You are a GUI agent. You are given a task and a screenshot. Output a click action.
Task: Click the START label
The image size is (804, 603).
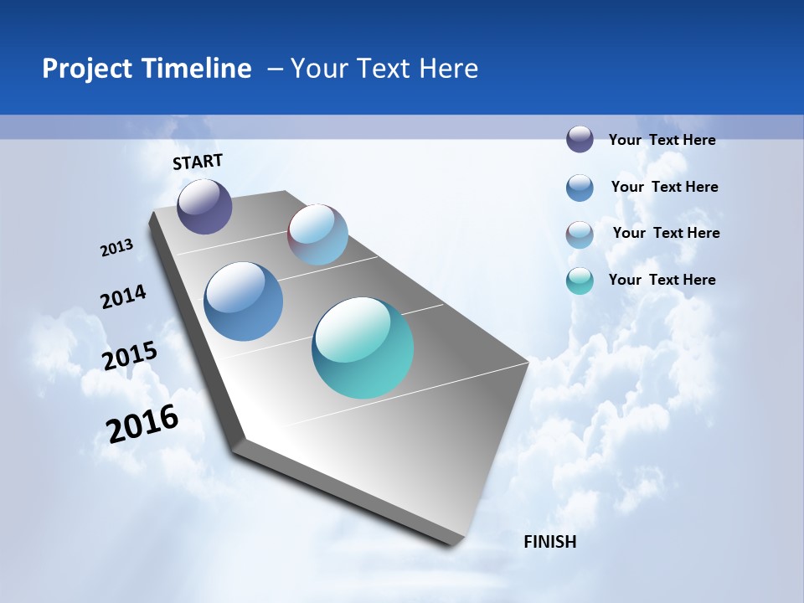(198, 162)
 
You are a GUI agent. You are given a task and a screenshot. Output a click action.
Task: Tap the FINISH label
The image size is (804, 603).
(549, 542)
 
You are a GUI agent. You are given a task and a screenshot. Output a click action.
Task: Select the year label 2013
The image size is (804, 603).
(116, 248)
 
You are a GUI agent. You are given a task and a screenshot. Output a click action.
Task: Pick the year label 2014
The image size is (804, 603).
(123, 297)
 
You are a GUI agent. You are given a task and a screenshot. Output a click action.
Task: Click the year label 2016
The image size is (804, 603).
(142, 424)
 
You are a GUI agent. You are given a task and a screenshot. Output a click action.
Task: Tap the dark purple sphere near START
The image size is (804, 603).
(204, 207)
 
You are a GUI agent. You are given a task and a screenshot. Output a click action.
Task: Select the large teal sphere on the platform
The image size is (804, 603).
(363, 348)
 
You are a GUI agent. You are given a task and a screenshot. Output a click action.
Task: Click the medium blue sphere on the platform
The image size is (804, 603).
(244, 301)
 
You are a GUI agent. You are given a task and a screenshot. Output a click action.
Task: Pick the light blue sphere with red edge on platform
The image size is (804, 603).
(317, 234)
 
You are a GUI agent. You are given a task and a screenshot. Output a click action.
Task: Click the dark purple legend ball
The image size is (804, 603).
(580, 139)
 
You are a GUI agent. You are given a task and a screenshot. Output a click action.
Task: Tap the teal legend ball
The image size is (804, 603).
(580, 281)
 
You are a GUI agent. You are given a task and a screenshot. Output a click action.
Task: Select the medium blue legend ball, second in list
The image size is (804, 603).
(580, 188)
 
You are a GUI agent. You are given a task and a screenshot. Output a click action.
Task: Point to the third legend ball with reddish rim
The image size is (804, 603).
(580, 234)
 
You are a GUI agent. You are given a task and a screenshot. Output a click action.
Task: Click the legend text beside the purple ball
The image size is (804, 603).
(662, 140)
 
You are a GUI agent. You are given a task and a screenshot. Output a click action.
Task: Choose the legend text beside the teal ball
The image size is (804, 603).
(662, 280)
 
